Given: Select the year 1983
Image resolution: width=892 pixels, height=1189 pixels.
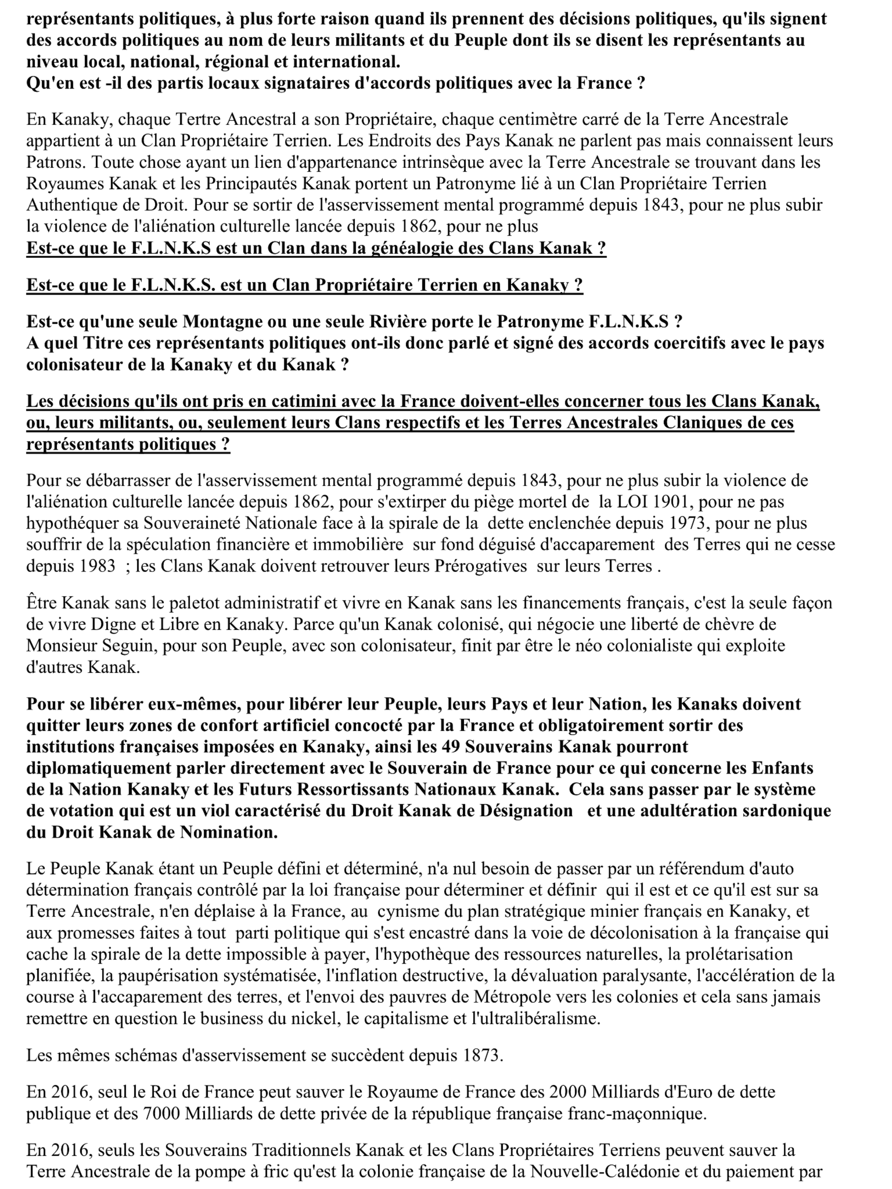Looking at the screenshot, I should coord(97,566).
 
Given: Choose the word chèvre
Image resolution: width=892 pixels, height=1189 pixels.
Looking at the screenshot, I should coord(745,623).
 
